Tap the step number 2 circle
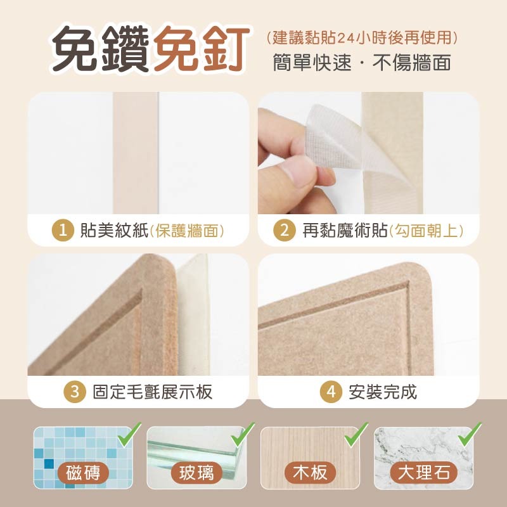tap(285, 230)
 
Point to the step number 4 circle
tap(330, 392)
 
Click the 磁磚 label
tap(83, 473)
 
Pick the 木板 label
tap(310, 473)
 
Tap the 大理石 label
tap(423, 473)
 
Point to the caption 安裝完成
tap(383, 392)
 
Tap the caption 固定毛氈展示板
tap(152, 392)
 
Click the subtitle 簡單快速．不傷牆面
tap(362, 63)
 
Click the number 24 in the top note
tap(345, 37)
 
